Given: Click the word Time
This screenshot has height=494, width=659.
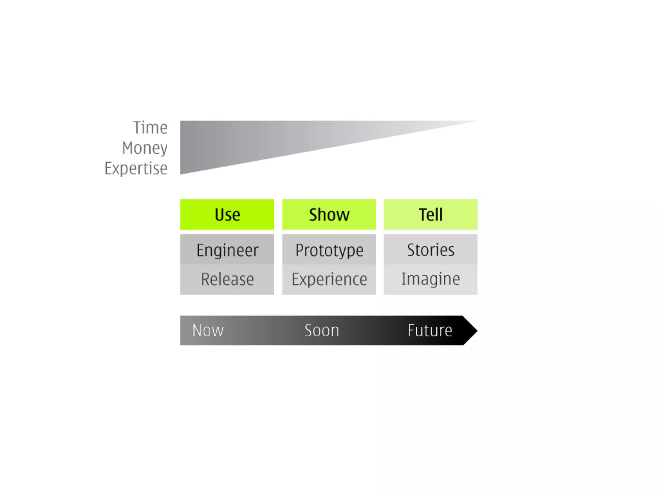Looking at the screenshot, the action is tap(150, 128).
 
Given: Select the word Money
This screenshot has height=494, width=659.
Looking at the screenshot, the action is tap(145, 148).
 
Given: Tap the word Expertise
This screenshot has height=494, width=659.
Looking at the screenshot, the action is tap(136, 169).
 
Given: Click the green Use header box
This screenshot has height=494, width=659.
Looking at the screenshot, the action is tap(227, 215).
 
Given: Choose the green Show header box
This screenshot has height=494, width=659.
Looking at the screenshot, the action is tap(329, 215).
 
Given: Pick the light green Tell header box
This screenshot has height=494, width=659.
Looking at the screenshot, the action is tap(431, 215).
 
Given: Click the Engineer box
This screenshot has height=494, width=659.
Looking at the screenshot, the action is tap(227, 250).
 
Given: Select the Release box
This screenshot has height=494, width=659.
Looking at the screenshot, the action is tap(227, 279).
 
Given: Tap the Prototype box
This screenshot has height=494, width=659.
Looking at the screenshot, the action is tap(329, 250).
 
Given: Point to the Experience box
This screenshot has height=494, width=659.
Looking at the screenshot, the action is tap(329, 279).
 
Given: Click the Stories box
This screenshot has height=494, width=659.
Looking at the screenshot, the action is tap(431, 250).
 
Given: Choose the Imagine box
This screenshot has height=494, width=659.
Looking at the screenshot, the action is tap(431, 279).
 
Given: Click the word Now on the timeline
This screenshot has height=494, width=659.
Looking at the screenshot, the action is tap(208, 331).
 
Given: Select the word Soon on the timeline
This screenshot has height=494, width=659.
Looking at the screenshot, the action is tap(322, 331).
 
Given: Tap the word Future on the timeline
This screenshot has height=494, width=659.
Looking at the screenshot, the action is tap(430, 331).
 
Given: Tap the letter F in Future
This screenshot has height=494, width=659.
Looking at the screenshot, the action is tap(411, 330).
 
